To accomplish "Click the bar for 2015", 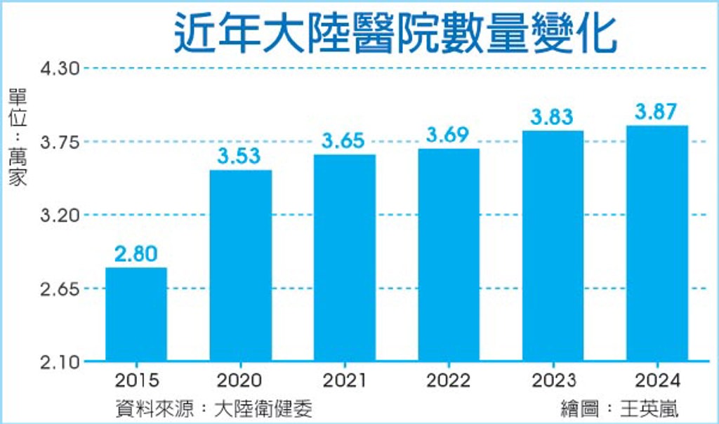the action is click(136, 314).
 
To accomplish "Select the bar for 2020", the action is click(241, 265).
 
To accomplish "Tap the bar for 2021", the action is click(345, 258).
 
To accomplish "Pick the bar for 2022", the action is click(449, 255).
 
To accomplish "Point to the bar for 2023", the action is click(553, 246).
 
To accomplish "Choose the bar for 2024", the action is click(657, 243).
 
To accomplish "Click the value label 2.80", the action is click(136, 253).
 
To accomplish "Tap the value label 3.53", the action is click(239, 156).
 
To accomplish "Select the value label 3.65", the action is click(343, 140).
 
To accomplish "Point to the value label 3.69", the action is click(447, 134).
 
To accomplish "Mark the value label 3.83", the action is click(552, 117).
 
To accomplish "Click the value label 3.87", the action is click(656, 112).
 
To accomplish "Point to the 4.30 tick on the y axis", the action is click(60, 69).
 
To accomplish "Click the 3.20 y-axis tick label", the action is click(60, 215).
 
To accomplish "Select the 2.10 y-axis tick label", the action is click(60, 363).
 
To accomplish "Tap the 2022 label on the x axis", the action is click(449, 380).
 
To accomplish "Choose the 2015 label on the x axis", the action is click(137, 380).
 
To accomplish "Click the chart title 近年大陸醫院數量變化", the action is click(395, 33).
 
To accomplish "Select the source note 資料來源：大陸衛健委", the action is click(213, 409).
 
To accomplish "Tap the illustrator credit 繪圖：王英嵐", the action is click(619, 409).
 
